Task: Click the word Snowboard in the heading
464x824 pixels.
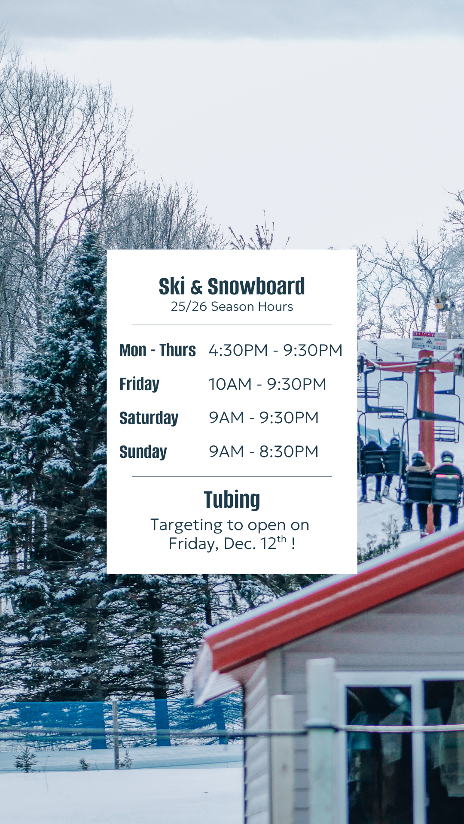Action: (256, 286)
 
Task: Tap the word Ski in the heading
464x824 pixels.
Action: (172, 286)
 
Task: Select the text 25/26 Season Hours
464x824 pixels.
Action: (232, 306)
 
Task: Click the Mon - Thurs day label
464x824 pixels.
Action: (158, 350)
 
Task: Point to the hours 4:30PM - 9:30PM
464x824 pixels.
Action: (275, 350)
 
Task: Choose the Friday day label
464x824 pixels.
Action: (139, 384)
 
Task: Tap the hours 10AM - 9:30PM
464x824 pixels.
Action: (267, 384)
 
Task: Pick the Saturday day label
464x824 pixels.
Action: (149, 418)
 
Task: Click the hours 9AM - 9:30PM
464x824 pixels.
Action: (264, 418)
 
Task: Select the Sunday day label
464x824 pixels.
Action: (143, 452)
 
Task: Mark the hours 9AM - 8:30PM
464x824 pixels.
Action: (264, 451)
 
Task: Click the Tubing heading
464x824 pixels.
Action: (232, 500)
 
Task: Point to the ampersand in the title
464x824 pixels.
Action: (196, 288)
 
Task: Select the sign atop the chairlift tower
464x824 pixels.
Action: (429, 340)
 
